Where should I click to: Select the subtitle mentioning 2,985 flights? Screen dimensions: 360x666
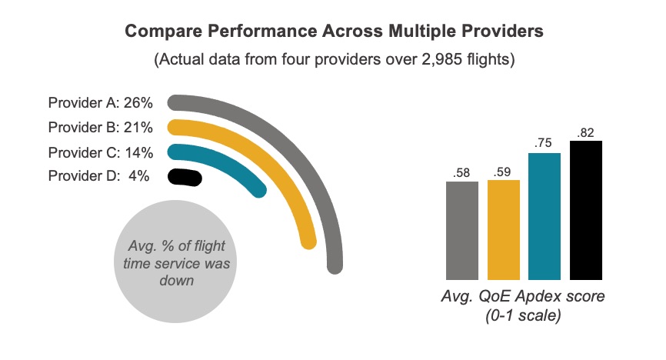(333, 59)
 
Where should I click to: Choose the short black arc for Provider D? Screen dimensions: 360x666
(185, 177)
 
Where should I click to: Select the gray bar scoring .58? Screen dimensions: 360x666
(461, 230)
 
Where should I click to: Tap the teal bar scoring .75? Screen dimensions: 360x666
(544, 215)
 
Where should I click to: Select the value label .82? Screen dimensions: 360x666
(586, 133)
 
